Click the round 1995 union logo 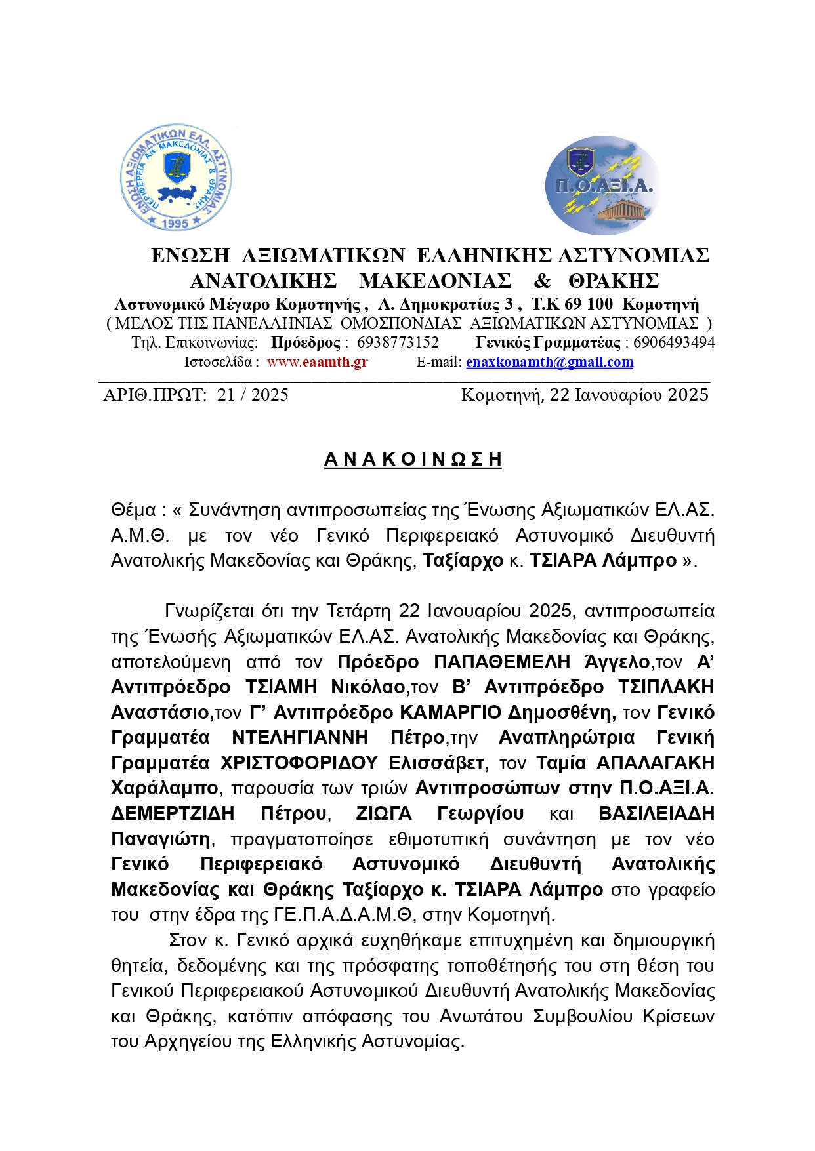[175, 178]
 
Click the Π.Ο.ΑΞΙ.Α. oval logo [602, 186]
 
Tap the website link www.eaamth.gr [317, 362]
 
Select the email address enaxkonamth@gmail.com [549, 362]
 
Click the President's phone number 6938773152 [398, 342]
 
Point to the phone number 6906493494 [674, 342]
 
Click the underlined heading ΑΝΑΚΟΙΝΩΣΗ [413, 459]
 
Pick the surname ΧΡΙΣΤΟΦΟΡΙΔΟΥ [299, 763]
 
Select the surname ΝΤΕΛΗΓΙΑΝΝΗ [300, 738]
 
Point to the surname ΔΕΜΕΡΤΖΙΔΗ [173, 814]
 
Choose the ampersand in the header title [541, 281]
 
